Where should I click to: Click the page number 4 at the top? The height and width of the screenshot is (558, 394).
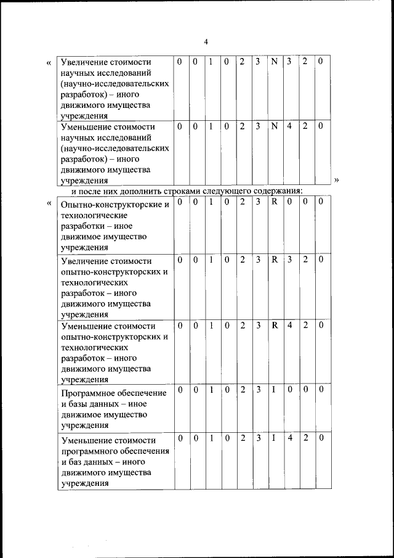tap(206, 41)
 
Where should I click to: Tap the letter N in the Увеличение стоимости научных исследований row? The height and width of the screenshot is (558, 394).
tap(275, 62)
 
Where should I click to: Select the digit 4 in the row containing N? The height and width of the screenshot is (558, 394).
tap(289, 126)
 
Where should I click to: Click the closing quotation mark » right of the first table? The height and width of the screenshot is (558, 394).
tap(337, 180)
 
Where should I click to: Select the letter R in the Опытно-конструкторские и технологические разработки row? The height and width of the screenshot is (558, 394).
tap(275, 202)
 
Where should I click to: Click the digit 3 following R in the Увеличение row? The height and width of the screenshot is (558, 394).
tap(289, 260)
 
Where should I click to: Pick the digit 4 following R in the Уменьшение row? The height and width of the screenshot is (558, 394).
tap(289, 324)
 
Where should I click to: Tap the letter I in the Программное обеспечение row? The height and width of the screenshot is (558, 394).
tap(274, 389)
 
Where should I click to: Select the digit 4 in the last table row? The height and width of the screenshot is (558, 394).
tap(289, 438)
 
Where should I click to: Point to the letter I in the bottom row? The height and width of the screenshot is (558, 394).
tap(274, 438)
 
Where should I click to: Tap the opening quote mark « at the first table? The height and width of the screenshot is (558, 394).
tap(49, 62)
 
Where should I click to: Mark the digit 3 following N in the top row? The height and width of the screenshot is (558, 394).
tap(289, 62)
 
